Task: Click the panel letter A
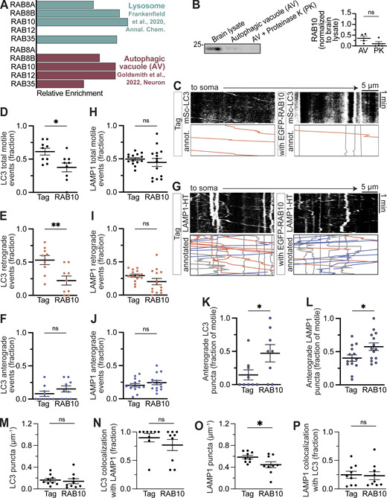tap(5, 6)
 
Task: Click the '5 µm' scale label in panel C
tap(369, 88)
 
